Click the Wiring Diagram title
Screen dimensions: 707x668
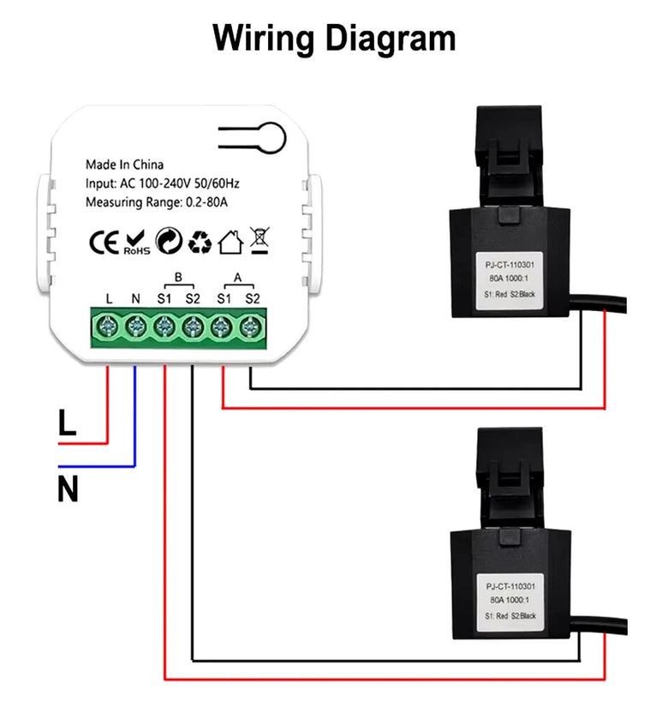click(334, 39)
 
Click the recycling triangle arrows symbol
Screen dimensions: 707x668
click(200, 243)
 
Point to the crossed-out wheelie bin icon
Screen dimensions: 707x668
click(259, 242)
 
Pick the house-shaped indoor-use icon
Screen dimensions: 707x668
click(230, 243)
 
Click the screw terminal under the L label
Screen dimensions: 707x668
click(108, 326)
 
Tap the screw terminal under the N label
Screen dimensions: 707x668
click(135, 326)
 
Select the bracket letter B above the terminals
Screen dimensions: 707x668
click(178, 277)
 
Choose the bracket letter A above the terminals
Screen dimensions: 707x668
click(237, 277)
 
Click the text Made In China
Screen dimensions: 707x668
click(124, 165)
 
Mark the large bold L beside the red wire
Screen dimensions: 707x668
click(68, 422)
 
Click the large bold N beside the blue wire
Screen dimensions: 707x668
click(68, 488)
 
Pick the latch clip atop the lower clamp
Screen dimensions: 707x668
click(510, 467)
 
